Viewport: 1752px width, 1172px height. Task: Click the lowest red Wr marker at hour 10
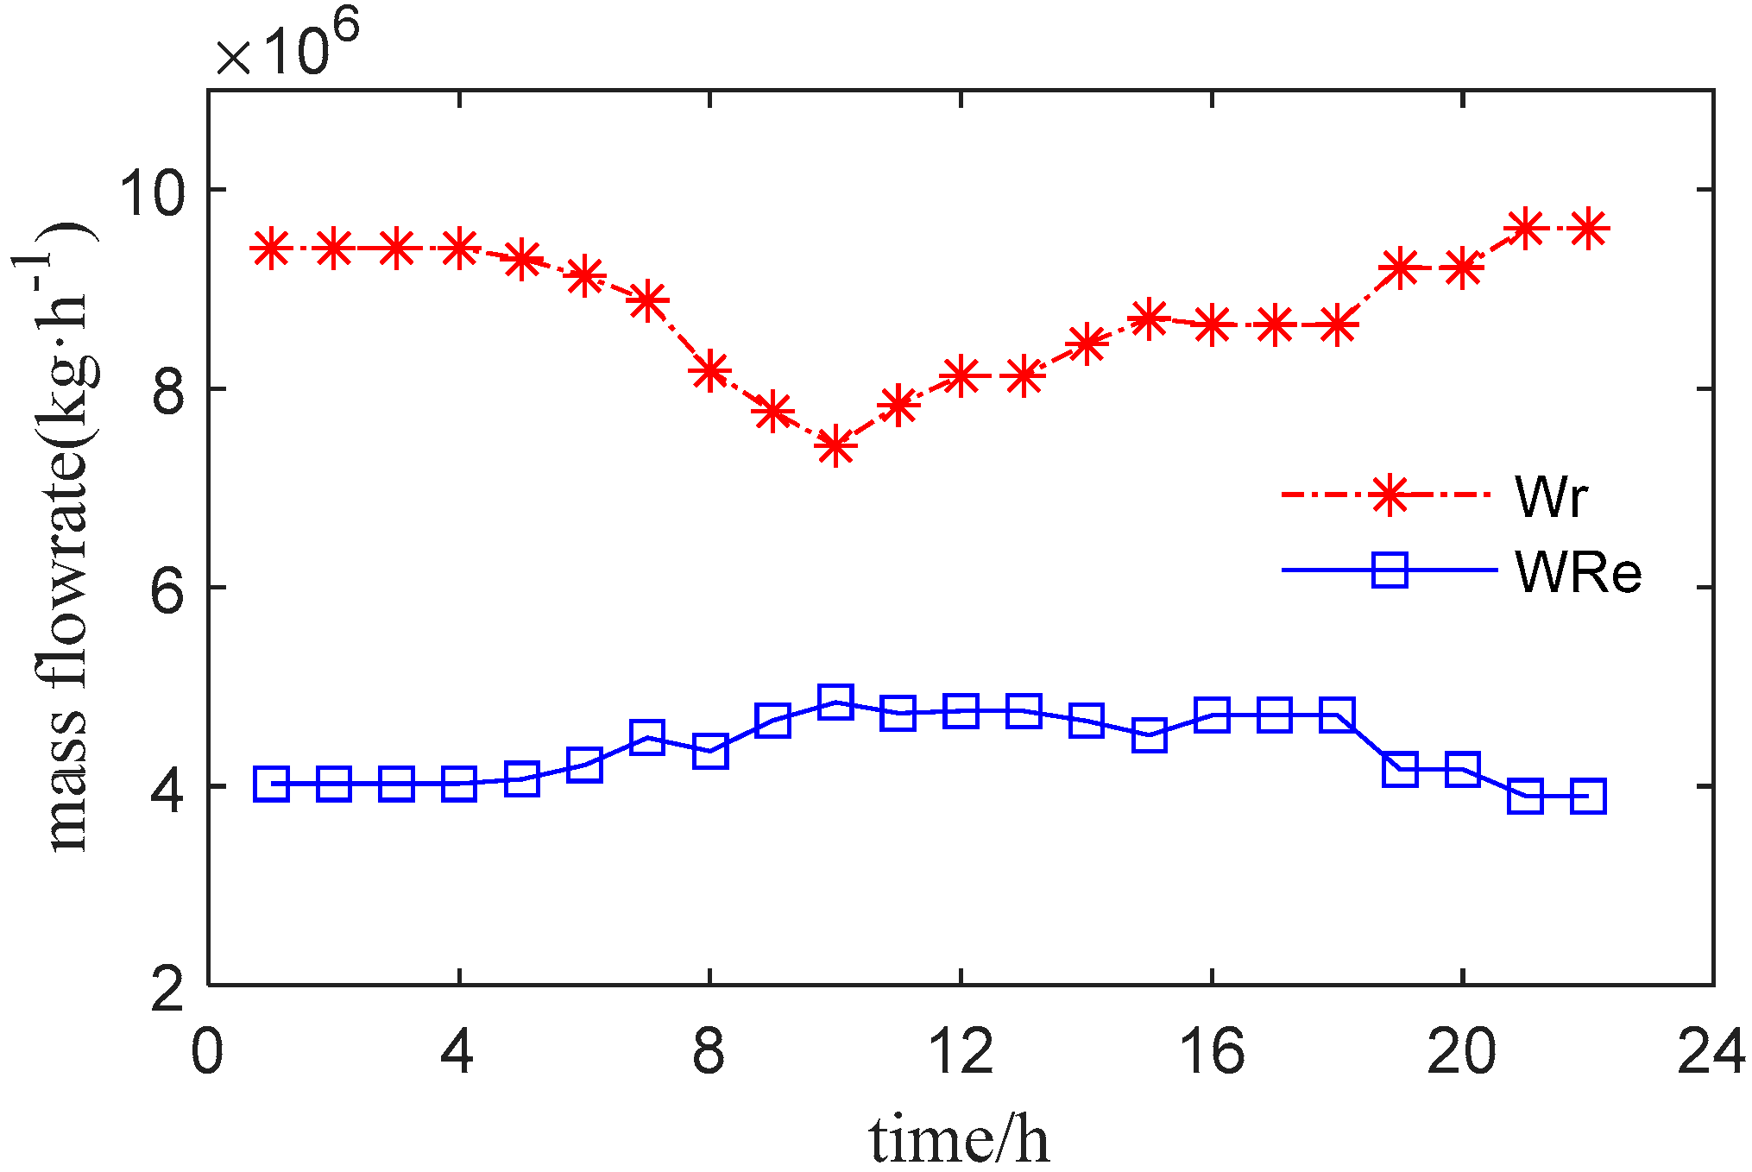click(x=835, y=446)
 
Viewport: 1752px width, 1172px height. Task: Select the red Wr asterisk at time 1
click(x=271, y=249)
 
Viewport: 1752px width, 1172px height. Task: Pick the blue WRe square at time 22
click(x=1588, y=796)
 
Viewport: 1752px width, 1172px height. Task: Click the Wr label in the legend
click(x=1551, y=496)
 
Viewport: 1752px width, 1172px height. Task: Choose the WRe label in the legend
click(x=1578, y=572)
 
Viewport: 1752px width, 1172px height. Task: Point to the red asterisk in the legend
click(x=1390, y=495)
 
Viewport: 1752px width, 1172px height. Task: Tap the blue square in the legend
click(x=1390, y=570)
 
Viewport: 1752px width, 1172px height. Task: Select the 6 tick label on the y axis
click(x=167, y=589)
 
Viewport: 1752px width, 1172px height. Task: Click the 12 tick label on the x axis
click(x=961, y=1052)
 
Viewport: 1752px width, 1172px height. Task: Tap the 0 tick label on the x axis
click(x=208, y=1052)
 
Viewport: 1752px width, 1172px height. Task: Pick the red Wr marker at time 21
click(x=1526, y=229)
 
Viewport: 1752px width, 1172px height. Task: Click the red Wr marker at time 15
click(x=1149, y=318)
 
